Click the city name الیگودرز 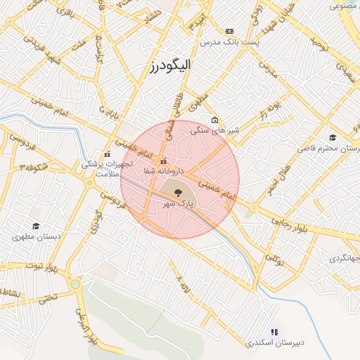tap(170, 67)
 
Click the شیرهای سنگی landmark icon tap(215, 120)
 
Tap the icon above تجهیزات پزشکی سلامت tap(107, 154)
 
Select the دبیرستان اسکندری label tap(275, 343)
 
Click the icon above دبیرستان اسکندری tap(274, 331)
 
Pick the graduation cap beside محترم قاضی tap(332, 137)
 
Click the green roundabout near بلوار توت tap(75, 284)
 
